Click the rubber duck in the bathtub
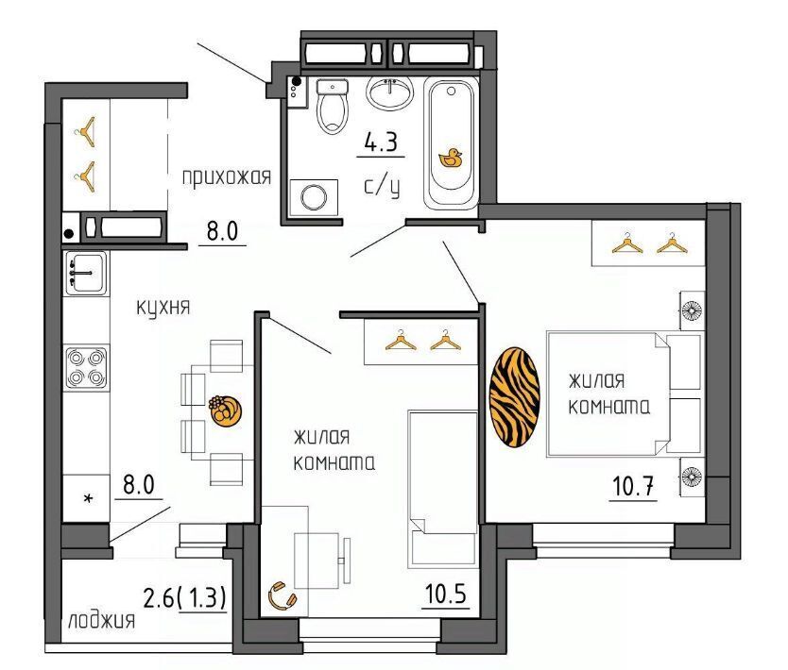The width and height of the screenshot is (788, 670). [451, 158]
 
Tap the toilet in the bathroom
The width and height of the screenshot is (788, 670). [333, 107]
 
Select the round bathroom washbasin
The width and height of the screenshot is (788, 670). [390, 92]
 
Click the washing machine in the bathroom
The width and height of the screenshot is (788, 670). [314, 197]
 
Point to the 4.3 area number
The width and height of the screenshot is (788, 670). [381, 142]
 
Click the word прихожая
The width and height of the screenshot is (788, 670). [226, 177]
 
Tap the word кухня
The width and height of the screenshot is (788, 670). [163, 307]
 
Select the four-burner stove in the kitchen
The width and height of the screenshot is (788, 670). [86, 368]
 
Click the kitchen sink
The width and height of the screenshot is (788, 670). [86, 273]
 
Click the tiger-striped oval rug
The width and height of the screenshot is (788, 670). [515, 397]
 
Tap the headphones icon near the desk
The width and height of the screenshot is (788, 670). [283, 595]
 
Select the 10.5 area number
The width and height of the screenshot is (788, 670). [446, 595]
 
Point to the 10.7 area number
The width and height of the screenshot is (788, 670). [633, 486]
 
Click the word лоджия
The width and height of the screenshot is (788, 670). [101, 621]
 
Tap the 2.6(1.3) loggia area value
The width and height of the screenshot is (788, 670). [185, 597]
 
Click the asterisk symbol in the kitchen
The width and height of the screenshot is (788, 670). [89, 498]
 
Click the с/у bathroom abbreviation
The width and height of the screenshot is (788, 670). [382, 187]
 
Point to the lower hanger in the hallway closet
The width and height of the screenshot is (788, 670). [87, 176]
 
